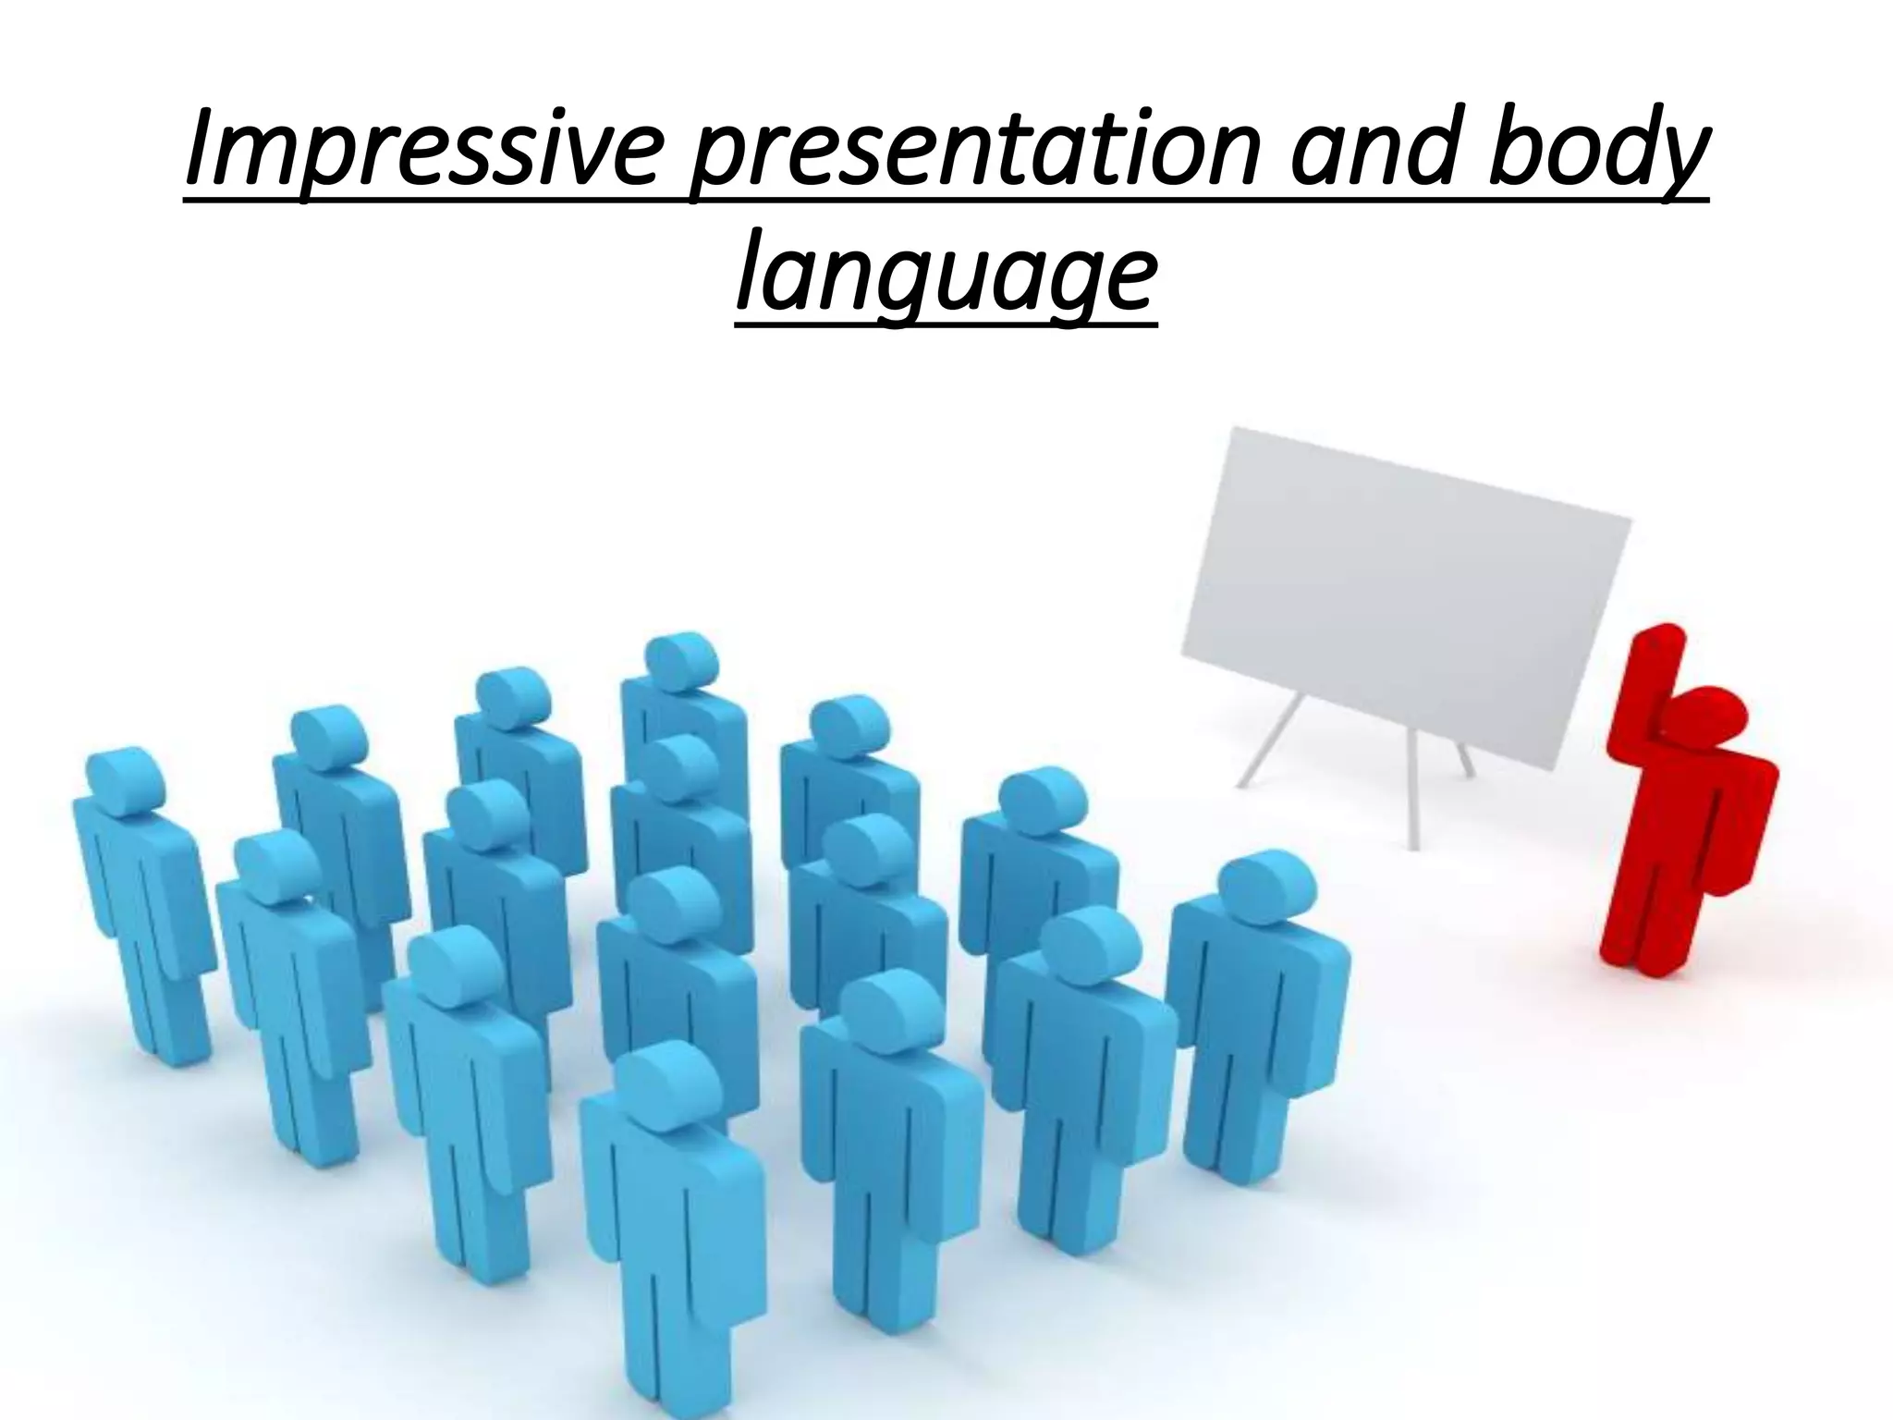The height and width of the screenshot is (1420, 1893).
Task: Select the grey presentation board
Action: coord(1405,601)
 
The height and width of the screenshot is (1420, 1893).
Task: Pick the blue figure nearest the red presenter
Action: coord(1257,998)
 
